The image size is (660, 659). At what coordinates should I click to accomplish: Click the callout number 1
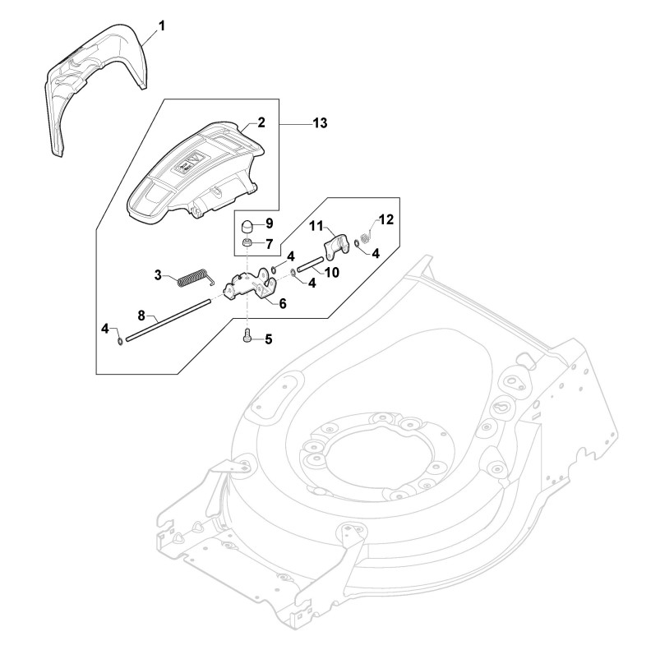pyautogui.click(x=162, y=26)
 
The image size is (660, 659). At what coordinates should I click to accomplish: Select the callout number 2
pyautogui.click(x=261, y=122)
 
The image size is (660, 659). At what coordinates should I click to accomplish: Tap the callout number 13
pyautogui.click(x=320, y=123)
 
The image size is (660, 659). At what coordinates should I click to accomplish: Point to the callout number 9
pyautogui.click(x=269, y=224)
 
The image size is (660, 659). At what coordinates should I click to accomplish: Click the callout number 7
pyautogui.click(x=269, y=243)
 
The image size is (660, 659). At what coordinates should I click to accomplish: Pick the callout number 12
pyautogui.click(x=385, y=219)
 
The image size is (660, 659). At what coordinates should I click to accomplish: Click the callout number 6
pyautogui.click(x=282, y=303)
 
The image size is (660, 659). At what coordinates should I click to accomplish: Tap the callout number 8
pyautogui.click(x=141, y=315)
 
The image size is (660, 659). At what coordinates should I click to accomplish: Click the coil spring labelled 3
pyautogui.click(x=196, y=279)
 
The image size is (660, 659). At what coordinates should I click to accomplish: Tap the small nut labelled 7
pyautogui.click(x=246, y=244)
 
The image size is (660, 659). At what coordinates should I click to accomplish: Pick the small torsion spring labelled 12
pyautogui.click(x=365, y=238)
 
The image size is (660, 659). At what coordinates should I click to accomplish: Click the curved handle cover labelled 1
pyautogui.click(x=90, y=82)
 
